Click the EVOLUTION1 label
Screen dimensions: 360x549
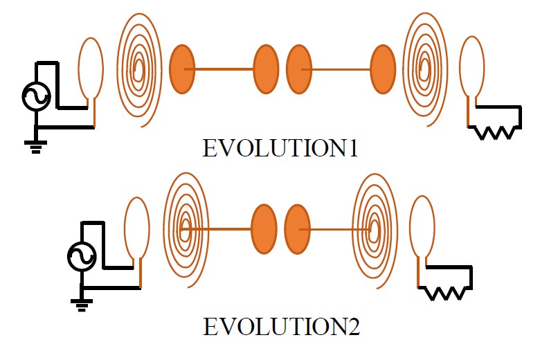[280, 148]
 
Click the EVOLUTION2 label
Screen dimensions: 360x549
[281, 326]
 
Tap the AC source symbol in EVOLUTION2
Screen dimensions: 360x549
[81, 257]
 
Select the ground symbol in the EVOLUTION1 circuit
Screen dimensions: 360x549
[33, 146]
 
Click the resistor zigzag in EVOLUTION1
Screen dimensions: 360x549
[495, 132]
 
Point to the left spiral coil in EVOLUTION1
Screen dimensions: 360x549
[138, 69]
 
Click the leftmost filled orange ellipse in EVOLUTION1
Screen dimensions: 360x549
[181, 69]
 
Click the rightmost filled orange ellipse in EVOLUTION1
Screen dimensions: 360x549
[383, 69]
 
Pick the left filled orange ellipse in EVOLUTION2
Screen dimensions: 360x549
[263, 228]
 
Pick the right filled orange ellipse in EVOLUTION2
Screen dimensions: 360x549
[297, 228]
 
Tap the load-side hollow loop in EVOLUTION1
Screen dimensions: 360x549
[472, 69]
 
